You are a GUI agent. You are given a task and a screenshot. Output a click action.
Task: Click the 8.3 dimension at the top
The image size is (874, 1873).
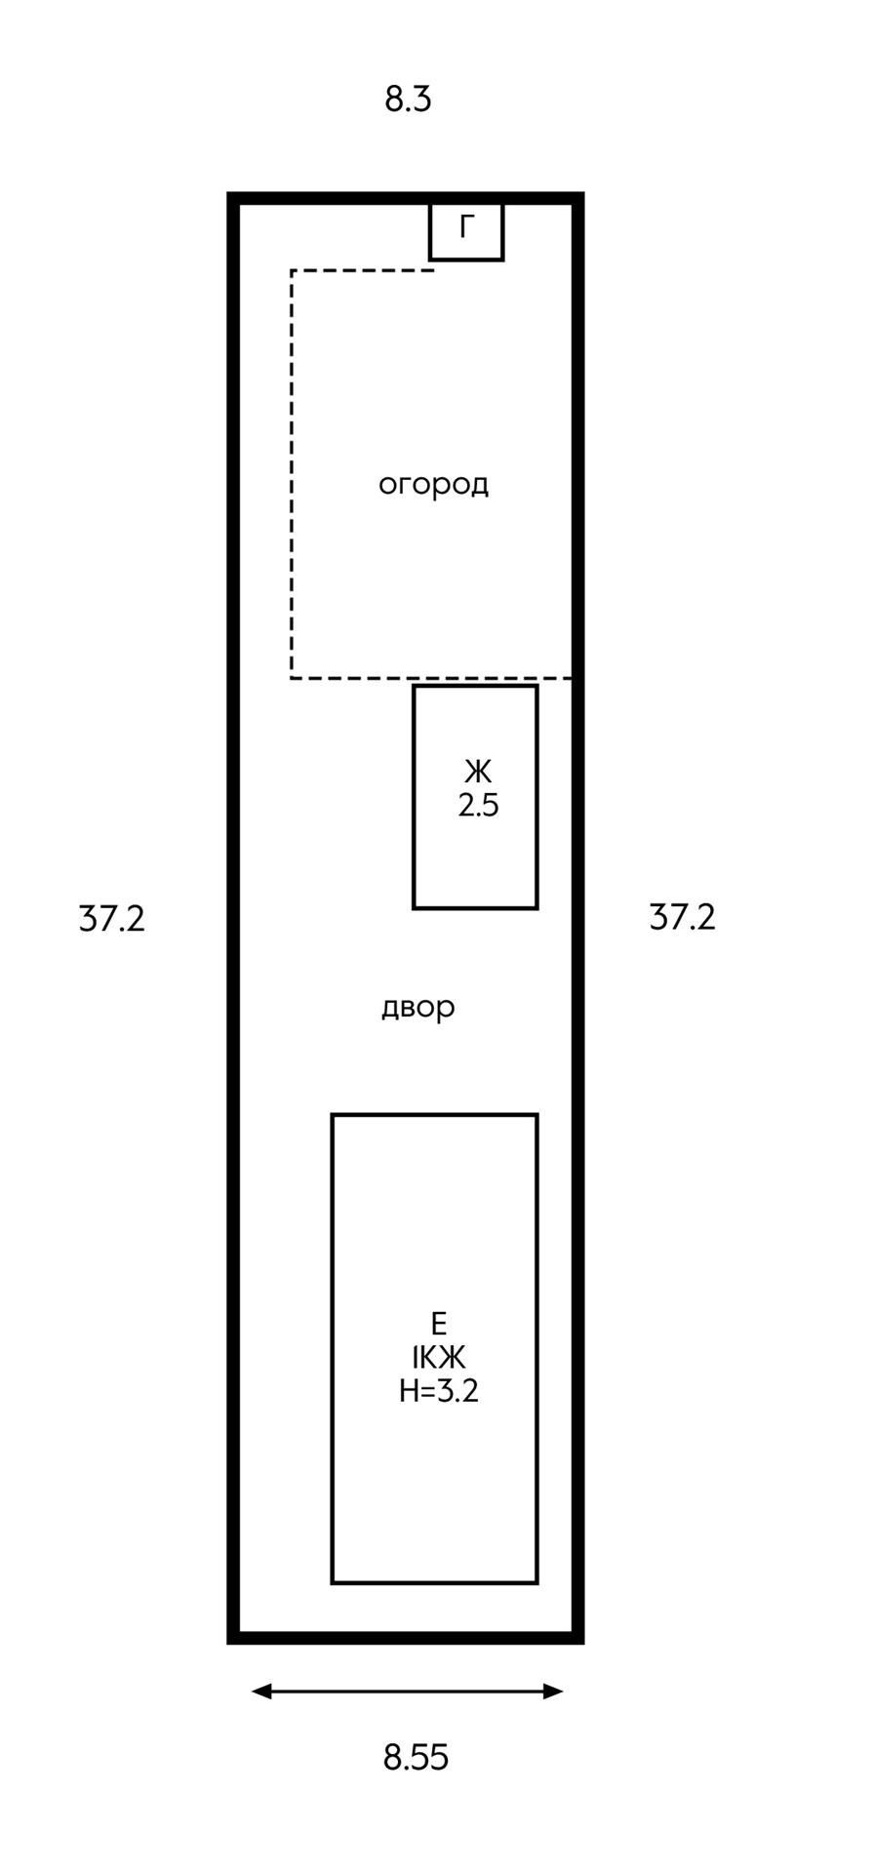[x=408, y=100]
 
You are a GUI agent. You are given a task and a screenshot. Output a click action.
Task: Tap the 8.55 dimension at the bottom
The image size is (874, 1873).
[x=416, y=1757]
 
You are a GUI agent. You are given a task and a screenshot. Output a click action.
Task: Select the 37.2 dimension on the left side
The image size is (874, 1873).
[x=112, y=919]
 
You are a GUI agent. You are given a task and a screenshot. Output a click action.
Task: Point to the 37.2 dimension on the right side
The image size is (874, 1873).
[x=683, y=917]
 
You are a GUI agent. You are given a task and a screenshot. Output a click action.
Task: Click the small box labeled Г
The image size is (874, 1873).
[x=466, y=232]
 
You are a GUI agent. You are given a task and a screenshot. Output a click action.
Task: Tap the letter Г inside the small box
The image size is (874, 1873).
[x=467, y=227]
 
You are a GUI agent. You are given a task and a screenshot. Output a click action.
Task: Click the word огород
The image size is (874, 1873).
[x=433, y=485]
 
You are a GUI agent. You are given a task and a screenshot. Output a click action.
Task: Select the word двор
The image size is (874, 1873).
[x=417, y=1007]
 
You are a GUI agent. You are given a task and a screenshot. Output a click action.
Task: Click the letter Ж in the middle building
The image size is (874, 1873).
[x=478, y=773]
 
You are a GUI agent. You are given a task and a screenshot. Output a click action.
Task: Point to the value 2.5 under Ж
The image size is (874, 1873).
[x=478, y=807]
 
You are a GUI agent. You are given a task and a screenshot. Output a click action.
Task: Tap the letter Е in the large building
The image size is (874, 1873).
[x=439, y=1324]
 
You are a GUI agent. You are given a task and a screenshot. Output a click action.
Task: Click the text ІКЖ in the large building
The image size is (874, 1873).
[x=439, y=1357]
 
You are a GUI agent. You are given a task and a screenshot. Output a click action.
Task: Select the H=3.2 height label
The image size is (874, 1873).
[x=439, y=1391]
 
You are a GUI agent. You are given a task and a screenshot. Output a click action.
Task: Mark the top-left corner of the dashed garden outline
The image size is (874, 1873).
[x=292, y=270]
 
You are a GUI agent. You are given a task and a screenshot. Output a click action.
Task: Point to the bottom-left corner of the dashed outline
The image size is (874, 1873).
[x=292, y=677]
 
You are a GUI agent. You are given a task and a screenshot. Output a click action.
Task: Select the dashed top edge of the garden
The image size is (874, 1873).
[x=361, y=270]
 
